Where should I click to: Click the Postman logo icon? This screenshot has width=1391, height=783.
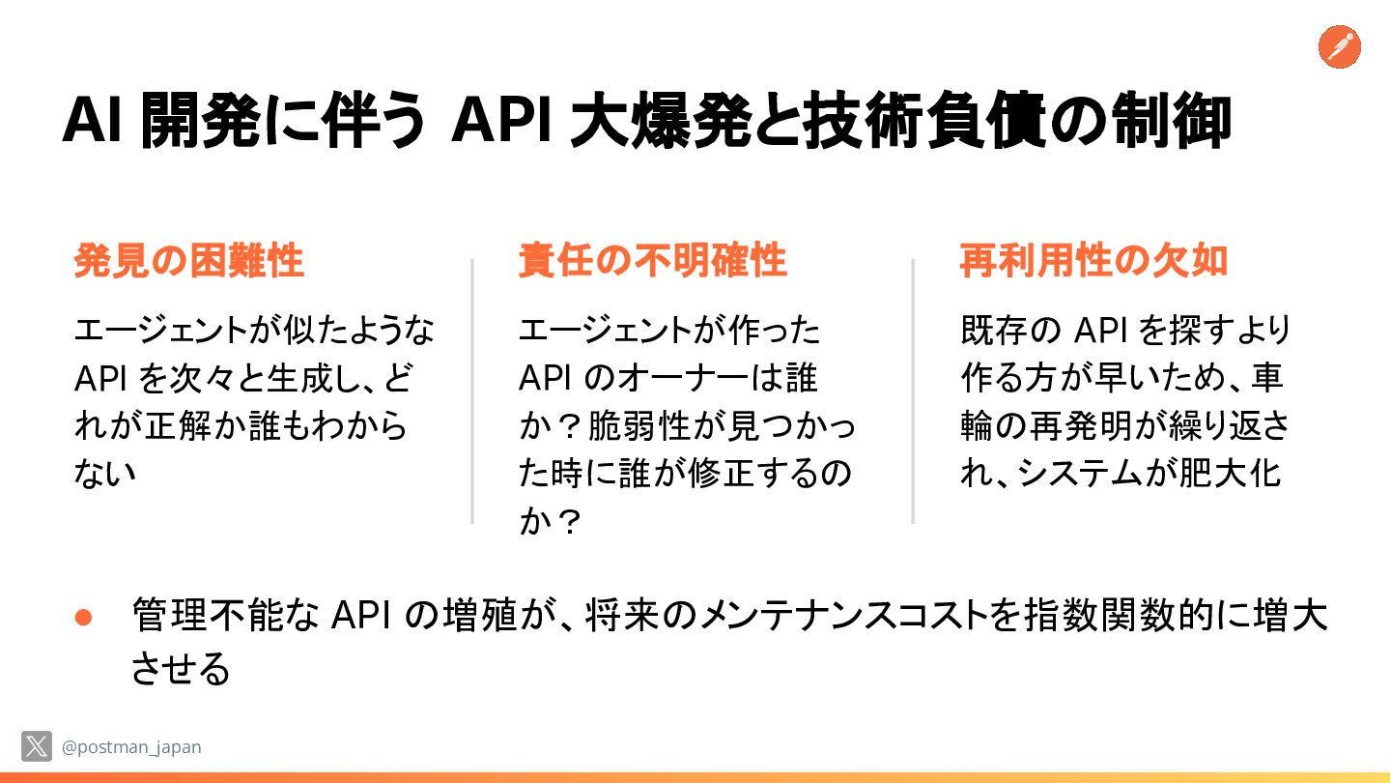[1339, 47]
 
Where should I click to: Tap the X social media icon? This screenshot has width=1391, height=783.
[37, 746]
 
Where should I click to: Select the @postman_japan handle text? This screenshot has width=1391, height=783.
[131, 747]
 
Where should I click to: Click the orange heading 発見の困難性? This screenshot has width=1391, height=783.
[189, 261]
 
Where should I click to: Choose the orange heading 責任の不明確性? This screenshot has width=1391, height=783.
[652, 261]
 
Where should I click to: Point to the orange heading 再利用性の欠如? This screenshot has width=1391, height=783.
[1093, 261]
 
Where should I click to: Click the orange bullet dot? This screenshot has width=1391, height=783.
[83, 618]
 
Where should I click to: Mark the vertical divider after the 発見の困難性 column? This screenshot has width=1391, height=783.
[472, 391]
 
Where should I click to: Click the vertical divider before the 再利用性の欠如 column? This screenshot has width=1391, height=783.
[913, 391]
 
